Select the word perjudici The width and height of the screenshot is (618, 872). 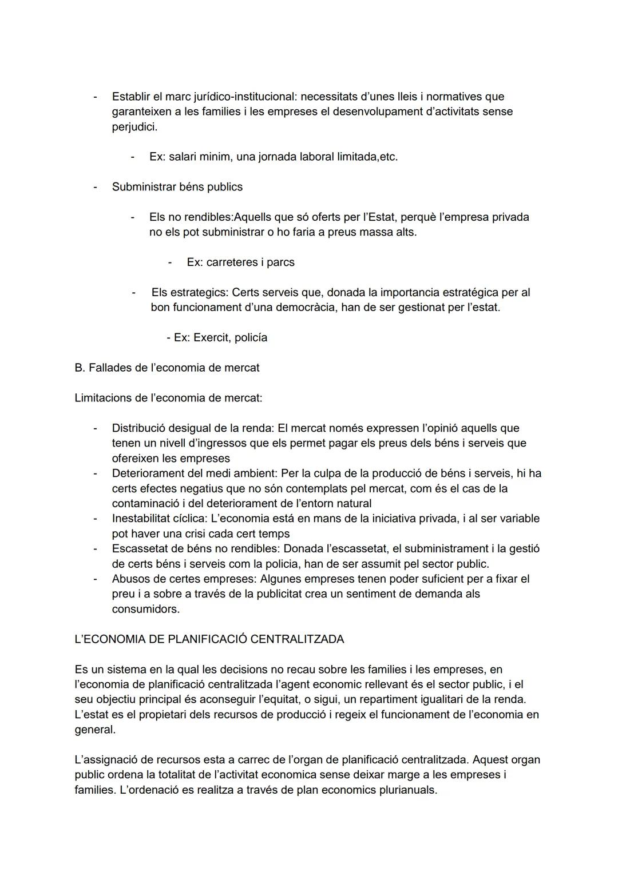coord(134,127)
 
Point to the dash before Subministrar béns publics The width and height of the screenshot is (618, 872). coord(96,187)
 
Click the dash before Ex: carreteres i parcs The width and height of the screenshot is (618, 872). coord(171,262)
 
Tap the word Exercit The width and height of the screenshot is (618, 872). coord(211,338)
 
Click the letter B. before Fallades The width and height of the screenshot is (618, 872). coord(80,368)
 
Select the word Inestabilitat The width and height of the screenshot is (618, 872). coord(145,519)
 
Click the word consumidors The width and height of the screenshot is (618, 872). coord(145,610)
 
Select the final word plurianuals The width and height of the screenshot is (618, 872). coord(407,790)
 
